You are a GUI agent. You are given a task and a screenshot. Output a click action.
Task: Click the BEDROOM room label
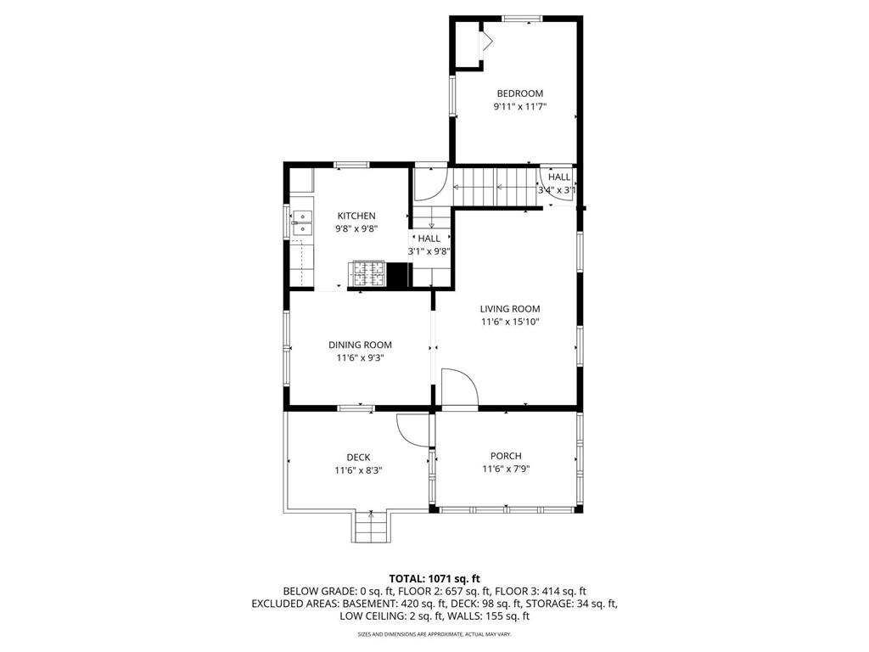click(x=519, y=93)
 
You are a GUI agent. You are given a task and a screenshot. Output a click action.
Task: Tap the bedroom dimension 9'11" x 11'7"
click(x=519, y=107)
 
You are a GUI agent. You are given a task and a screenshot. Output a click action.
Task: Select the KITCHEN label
click(x=356, y=216)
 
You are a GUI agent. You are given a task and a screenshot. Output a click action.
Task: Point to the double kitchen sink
click(x=301, y=222)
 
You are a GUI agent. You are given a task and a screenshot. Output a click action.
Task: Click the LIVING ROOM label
click(x=509, y=309)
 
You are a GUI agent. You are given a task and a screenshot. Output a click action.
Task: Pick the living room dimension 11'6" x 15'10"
click(x=509, y=322)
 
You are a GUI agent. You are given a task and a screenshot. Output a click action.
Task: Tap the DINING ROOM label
click(x=360, y=345)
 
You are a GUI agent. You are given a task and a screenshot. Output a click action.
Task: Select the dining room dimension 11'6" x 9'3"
click(x=360, y=357)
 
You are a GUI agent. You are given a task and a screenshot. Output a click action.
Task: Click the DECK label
click(x=357, y=458)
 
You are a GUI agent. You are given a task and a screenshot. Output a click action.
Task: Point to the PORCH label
click(x=506, y=456)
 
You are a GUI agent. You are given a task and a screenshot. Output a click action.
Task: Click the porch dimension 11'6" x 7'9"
click(x=506, y=469)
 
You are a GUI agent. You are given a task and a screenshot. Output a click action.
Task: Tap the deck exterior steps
click(x=370, y=528)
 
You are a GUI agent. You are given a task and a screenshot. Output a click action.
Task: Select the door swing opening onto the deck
click(x=412, y=430)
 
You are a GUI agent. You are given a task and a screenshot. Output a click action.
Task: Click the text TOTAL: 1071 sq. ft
click(x=434, y=578)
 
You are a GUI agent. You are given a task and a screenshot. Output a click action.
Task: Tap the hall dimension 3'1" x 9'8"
click(x=429, y=251)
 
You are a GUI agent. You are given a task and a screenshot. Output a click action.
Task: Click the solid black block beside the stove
click(x=399, y=275)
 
